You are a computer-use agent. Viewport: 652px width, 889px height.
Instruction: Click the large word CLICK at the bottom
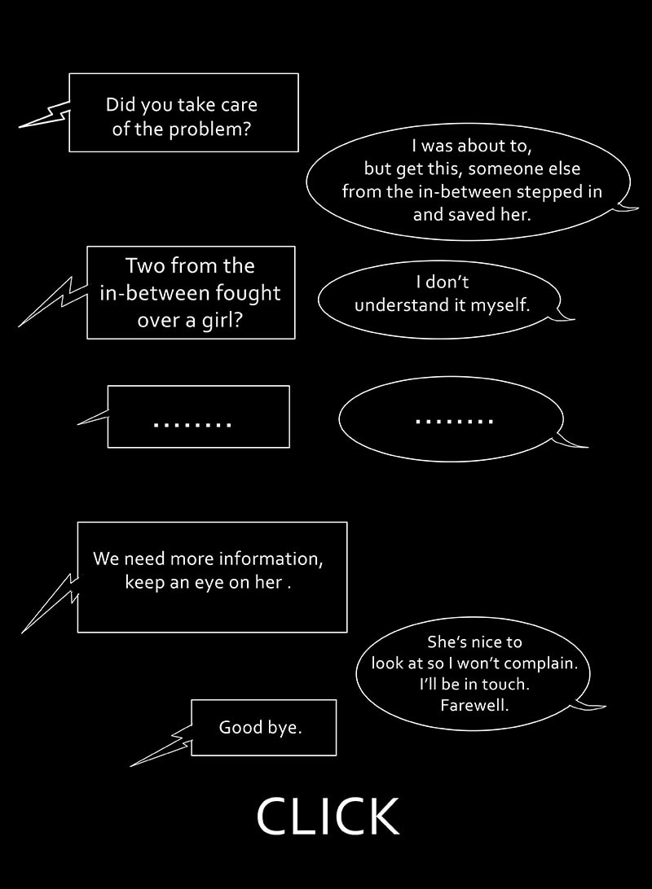[x=328, y=817]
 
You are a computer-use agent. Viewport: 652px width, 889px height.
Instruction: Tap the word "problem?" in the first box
[x=210, y=129]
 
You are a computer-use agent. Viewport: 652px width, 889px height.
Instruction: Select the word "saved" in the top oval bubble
[x=473, y=215]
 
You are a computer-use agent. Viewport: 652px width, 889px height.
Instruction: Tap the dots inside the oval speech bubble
[x=454, y=421]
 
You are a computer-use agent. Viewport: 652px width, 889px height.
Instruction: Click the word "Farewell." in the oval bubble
[x=474, y=705]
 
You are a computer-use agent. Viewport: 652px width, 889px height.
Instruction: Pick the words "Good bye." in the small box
[x=260, y=727]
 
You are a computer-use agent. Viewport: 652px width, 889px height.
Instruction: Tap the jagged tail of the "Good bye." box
[x=163, y=748]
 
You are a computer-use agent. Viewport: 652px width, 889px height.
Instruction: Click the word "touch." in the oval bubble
[x=507, y=684]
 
